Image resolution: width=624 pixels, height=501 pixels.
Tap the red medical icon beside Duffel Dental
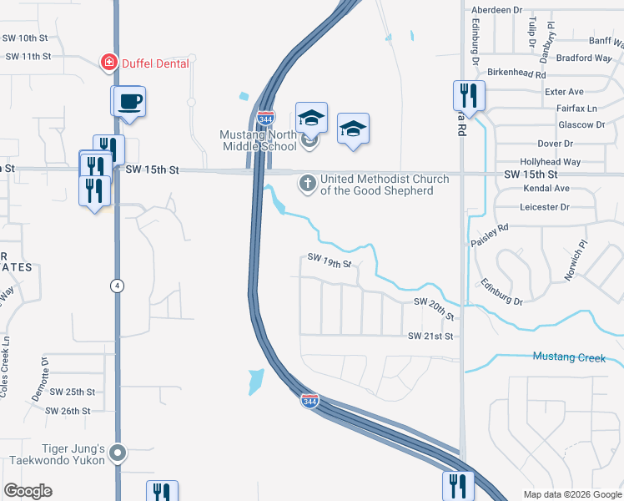pos(108,63)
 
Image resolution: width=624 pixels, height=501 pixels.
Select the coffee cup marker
pos(130,103)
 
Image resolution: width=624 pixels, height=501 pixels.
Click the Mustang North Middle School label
pos(257,140)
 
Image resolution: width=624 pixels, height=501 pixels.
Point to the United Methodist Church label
pos(385,185)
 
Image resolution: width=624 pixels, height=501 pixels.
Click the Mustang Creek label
pos(569,357)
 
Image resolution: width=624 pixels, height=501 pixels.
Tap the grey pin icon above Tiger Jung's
pos(118,454)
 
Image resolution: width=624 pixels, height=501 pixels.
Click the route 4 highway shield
pos(118,286)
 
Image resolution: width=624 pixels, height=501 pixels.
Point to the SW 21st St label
pos(430,336)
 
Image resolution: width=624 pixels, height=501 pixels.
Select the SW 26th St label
pos(68,411)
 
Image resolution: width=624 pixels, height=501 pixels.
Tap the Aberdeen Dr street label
pos(496,10)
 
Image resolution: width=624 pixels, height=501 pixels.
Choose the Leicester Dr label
pos(546,206)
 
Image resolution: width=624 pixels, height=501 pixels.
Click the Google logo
pos(28,491)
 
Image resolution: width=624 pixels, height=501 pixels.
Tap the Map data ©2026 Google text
pos(571,494)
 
